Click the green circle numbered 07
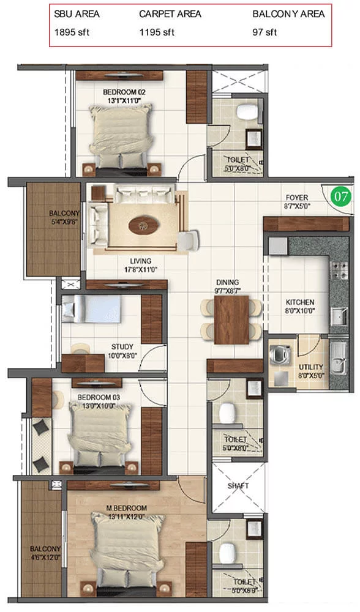pyautogui.click(x=341, y=196)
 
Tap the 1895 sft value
pyautogui.click(x=72, y=32)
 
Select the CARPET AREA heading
pyautogui.click(x=170, y=14)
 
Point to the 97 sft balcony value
pyautogui.click(x=264, y=32)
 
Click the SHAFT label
pyautogui.click(x=238, y=486)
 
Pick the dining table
pyautogui.click(x=231, y=319)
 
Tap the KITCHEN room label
pyautogui.click(x=300, y=302)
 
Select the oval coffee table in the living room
pyautogui.click(x=144, y=225)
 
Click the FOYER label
pyautogui.click(x=297, y=198)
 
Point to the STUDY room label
pyautogui.click(x=122, y=346)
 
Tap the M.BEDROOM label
pyautogui.click(x=127, y=508)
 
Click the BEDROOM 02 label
pyautogui.click(x=124, y=92)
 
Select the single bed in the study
pyautogui.click(x=92, y=308)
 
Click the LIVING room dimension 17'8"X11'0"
pyautogui.click(x=141, y=269)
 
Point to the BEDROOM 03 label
pyautogui.click(x=99, y=397)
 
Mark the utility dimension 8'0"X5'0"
pyautogui.click(x=311, y=375)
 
